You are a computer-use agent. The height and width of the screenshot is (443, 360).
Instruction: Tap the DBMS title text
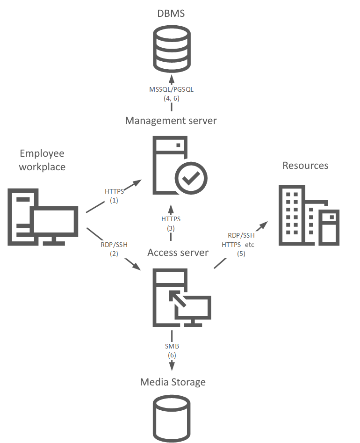pyautogui.click(x=171, y=14)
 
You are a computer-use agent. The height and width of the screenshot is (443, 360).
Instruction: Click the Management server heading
pyautogui.click(x=171, y=121)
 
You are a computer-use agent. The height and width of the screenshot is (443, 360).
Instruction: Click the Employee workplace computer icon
pyautogui.click(x=43, y=216)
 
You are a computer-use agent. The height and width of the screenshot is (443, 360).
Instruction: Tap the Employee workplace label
pyautogui.click(x=42, y=160)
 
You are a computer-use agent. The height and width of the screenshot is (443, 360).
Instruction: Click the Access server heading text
pyautogui.click(x=178, y=253)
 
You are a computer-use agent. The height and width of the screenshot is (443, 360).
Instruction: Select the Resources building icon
pyautogui.click(x=308, y=215)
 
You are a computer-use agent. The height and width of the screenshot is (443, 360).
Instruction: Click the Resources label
pyautogui.click(x=305, y=166)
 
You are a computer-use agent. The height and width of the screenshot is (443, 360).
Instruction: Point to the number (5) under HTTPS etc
pyautogui.click(x=241, y=254)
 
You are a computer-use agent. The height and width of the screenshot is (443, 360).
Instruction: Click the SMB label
pyautogui.click(x=172, y=347)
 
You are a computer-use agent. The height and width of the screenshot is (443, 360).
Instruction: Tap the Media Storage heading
pyautogui.click(x=173, y=382)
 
